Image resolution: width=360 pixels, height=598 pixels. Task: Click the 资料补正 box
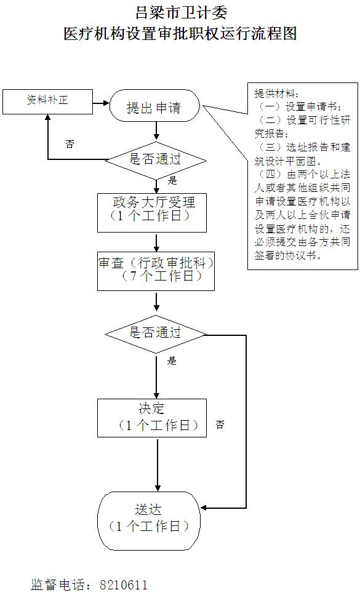point(47,102)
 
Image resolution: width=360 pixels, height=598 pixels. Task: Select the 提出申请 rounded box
point(154,106)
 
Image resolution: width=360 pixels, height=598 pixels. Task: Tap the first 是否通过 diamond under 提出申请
point(156,159)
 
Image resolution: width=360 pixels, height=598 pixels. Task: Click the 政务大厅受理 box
point(152,212)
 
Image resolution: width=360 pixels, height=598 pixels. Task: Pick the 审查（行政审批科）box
point(156,271)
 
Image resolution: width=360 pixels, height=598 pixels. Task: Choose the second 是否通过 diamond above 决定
point(156,334)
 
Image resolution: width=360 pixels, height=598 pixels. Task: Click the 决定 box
point(152,418)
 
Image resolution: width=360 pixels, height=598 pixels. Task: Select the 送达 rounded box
point(149,520)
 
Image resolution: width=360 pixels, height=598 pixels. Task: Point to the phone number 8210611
point(124,584)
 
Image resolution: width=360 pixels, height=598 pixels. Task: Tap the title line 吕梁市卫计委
point(182,13)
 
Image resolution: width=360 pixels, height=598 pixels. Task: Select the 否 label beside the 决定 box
point(220,425)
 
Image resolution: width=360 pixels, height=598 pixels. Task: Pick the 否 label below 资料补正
point(70,144)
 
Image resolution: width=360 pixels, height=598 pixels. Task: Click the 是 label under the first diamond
point(172,180)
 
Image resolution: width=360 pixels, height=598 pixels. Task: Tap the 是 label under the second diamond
point(172,361)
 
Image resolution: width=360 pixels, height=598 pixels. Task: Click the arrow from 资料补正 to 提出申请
point(101,103)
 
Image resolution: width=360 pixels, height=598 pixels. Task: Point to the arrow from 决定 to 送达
point(158,464)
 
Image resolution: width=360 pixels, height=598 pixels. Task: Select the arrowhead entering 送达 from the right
point(204,508)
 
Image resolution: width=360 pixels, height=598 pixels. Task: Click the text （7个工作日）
point(161,276)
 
